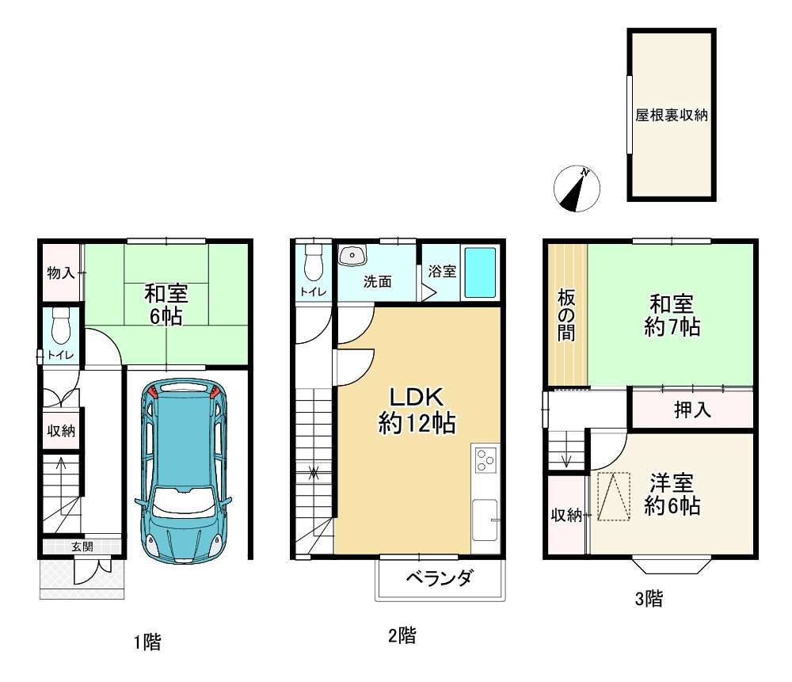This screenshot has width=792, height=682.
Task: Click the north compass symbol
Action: click(x=577, y=189)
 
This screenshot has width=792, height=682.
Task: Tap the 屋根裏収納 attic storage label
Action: click(x=672, y=115)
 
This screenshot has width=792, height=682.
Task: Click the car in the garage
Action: click(x=184, y=471)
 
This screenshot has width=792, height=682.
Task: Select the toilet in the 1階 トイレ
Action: click(x=61, y=326)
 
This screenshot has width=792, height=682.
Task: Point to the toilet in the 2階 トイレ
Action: click(x=314, y=262)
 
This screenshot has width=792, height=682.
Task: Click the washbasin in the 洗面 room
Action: click(x=353, y=255)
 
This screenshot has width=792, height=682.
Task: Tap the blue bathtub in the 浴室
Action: click(x=480, y=272)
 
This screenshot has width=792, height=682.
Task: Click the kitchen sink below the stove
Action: click(x=485, y=520)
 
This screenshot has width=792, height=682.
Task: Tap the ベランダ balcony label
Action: click(x=440, y=577)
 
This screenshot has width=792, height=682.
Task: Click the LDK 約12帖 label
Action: click(x=417, y=410)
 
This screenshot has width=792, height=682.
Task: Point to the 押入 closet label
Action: click(x=692, y=410)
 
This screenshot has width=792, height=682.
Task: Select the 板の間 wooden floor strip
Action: click(x=568, y=315)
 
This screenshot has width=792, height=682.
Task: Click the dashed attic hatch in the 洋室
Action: click(x=614, y=497)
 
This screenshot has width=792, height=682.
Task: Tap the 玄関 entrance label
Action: click(x=82, y=547)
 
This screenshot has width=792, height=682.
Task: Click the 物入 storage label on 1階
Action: click(x=61, y=273)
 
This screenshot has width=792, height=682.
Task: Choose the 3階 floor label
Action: click(x=649, y=599)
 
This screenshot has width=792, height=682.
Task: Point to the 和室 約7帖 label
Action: click(x=672, y=316)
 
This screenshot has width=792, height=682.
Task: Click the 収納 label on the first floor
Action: click(x=61, y=431)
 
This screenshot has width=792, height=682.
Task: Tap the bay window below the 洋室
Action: click(x=672, y=566)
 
